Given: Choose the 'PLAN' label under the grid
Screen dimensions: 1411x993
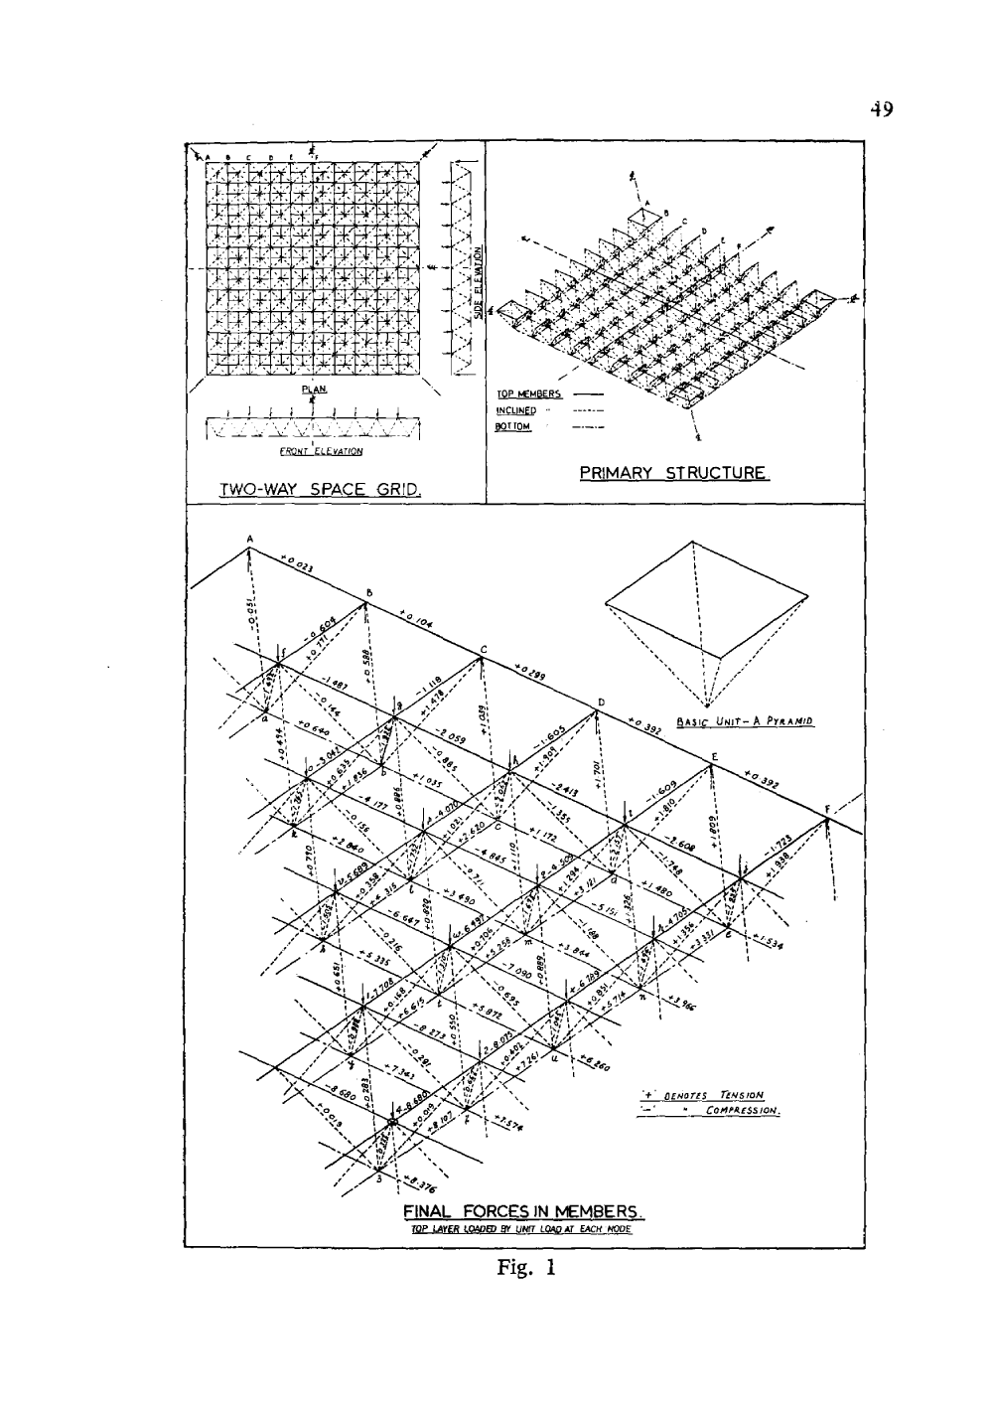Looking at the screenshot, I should [314, 390].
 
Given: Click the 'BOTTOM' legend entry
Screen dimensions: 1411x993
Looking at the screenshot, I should [514, 426].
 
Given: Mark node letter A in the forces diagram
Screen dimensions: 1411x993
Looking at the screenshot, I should [250, 540].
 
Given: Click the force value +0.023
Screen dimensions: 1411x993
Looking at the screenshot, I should [297, 565].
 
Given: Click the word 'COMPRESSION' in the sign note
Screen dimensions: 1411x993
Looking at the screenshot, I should [741, 1110].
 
